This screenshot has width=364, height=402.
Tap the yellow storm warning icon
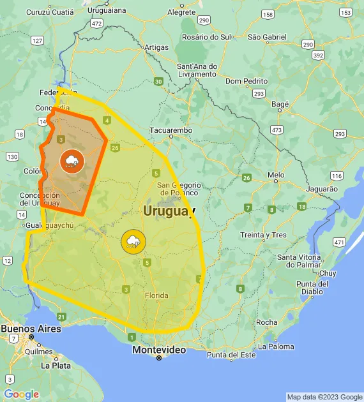pos(133,241)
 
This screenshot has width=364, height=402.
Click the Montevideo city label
pos(159,350)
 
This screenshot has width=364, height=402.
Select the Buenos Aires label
pos(31,329)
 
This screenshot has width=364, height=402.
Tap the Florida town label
pos(156,295)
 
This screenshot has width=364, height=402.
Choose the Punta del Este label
pos(231,355)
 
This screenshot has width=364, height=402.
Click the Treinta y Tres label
pos(263,235)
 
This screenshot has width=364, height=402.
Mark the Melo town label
pos(276,174)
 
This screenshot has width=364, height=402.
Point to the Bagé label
pos(280,103)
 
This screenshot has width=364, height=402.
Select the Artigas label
pos(156,47)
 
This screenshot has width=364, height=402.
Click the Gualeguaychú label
pos(51,226)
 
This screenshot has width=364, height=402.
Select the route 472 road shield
pos(96,23)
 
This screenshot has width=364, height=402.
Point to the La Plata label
pos(56,366)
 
